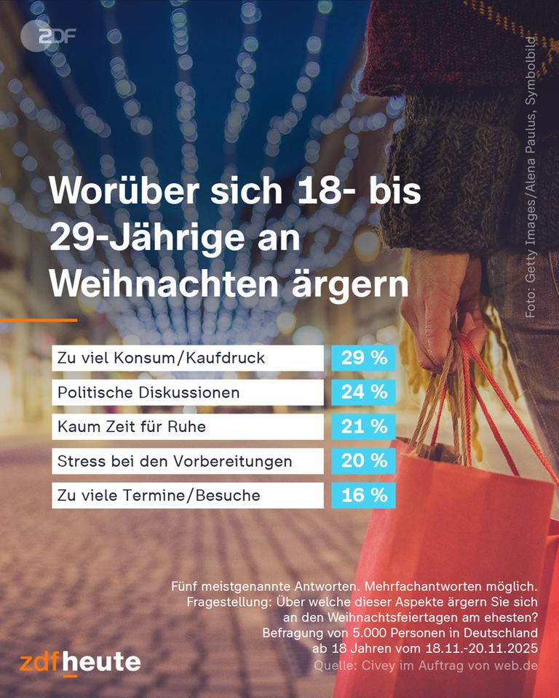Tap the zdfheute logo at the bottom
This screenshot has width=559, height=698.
click(x=80, y=662)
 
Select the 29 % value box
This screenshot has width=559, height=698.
click(x=364, y=358)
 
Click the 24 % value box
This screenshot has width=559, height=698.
click(x=364, y=393)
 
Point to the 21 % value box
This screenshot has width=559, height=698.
click(x=364, y=427)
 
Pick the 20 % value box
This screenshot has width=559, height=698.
click(x=364, y=461)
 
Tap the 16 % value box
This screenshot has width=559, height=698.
click(x=364, y=495)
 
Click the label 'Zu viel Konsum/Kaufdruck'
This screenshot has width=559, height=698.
click(x=161, y=358)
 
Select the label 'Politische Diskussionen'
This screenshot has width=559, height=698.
click(x=148, y=393)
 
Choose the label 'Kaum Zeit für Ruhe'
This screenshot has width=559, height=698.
click(x=132, y=427)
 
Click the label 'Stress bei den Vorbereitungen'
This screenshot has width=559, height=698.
click(x=175, y=461)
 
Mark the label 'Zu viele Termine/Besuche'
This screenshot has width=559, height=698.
click(x=159, y=495)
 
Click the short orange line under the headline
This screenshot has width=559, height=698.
click(x=38, y=320)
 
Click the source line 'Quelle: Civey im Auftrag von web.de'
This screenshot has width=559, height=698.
click(x=426, y=666)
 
